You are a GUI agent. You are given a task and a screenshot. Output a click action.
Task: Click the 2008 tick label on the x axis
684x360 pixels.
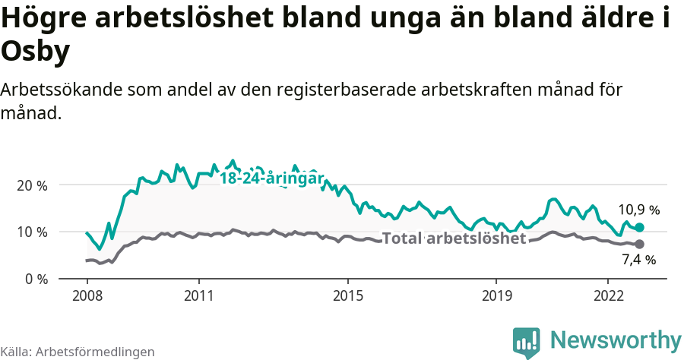pyautogui.click(x=87, y=294)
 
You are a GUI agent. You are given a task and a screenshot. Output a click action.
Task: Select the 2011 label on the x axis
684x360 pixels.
pyautogui.click(x=198, y=294)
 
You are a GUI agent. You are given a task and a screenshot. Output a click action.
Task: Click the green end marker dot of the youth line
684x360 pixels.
pyautogui.click(x=639, y=228)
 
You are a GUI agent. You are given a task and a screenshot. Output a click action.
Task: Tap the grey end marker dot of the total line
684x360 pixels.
pyautogui.click(x=639, y=244)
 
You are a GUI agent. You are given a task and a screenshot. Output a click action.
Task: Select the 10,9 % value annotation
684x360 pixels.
pyautogui.click(x=638, y=210)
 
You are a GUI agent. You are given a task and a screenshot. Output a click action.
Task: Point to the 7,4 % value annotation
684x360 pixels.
pyautogui.click(x=638, y=261)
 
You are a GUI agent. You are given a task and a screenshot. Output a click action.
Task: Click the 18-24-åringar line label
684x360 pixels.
pyautogui.click(x=272, y=178)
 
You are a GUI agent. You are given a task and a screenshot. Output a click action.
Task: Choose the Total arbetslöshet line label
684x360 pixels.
pyautogui.click(x=454, y=238)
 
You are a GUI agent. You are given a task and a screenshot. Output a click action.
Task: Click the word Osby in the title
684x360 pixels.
pyautogui.click(x=36, y=52)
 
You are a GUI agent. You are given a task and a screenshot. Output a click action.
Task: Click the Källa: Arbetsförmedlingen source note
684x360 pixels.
pyautogui.click(x=78, y=352)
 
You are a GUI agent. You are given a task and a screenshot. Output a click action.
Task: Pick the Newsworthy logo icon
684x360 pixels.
pyautogui.click(x=527, y=343)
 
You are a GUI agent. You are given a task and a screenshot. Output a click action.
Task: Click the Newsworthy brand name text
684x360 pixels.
pyautogui.click(x=616, y=339)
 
